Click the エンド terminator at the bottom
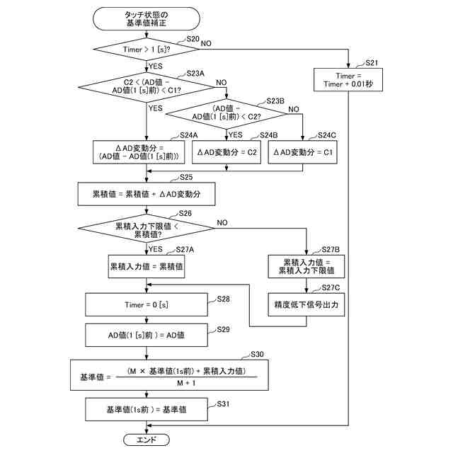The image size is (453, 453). point(146,440)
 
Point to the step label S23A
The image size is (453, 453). point(195,74)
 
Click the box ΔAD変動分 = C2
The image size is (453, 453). point(226,152)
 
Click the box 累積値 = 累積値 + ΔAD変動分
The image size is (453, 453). point(145,193)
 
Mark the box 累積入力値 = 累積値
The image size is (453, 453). point(147,268)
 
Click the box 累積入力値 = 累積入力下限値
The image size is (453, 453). point(306,267)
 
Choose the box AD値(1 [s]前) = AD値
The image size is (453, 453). point(145,334)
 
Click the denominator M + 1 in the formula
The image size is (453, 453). point(187,382)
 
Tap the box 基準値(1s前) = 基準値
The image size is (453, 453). point(147,409)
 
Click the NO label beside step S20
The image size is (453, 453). point(206,44)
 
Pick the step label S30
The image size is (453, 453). point(257,354)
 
